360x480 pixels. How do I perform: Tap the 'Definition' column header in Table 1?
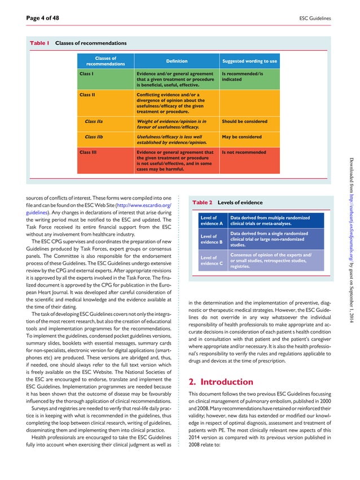click(177, 61)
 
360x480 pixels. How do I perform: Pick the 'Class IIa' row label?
click(94, 121)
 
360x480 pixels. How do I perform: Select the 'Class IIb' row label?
click(94, 136)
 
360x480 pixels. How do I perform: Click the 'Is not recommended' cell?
click(244, 152)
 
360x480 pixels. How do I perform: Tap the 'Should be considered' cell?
click(245, 121)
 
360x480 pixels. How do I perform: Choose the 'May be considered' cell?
click(242, 136)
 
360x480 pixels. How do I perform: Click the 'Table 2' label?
click(203, 202)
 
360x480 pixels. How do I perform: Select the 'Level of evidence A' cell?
click(212, 221)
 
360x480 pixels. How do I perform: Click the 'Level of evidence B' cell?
click(212, 240)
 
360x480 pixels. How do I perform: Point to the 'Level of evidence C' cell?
click(212, 260)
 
